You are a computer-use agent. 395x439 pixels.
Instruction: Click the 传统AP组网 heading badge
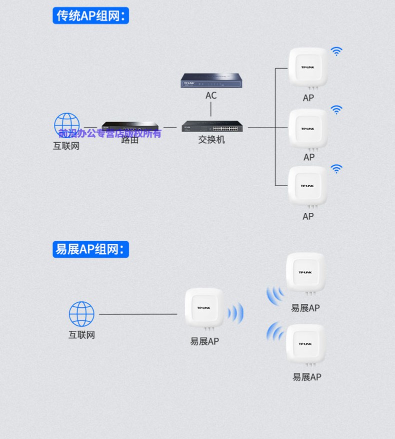[x=90, y=16]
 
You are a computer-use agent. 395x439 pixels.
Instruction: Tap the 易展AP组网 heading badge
[x=90, y=249]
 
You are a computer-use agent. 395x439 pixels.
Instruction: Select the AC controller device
[x=211, y=80]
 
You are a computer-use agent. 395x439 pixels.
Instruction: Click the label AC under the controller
[x=211, y=95]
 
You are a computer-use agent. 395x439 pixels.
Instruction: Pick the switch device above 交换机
[x=214, y=127]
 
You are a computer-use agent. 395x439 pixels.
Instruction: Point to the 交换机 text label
[x=211, y=140]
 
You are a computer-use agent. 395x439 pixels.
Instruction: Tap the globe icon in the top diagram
[x=66, y=125]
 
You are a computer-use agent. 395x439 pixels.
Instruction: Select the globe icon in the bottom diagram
[x=81, y=314]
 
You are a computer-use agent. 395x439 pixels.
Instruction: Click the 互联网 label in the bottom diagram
[x=81, y=335]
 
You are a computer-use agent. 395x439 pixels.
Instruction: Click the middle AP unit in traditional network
[x=308, y=129]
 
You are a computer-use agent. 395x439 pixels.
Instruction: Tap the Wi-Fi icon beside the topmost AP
[x=336, y=51]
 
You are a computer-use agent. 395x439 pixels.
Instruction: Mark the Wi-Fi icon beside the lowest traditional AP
[x=336, y=169]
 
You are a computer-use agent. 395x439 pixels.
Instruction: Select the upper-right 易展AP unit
[x=305, y=273]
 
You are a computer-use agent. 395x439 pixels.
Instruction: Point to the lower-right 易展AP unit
[x=305, y=344]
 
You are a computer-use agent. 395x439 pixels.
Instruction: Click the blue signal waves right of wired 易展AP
[x=235, y=313]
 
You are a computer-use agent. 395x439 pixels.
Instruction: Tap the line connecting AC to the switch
[x=211, y=110]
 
